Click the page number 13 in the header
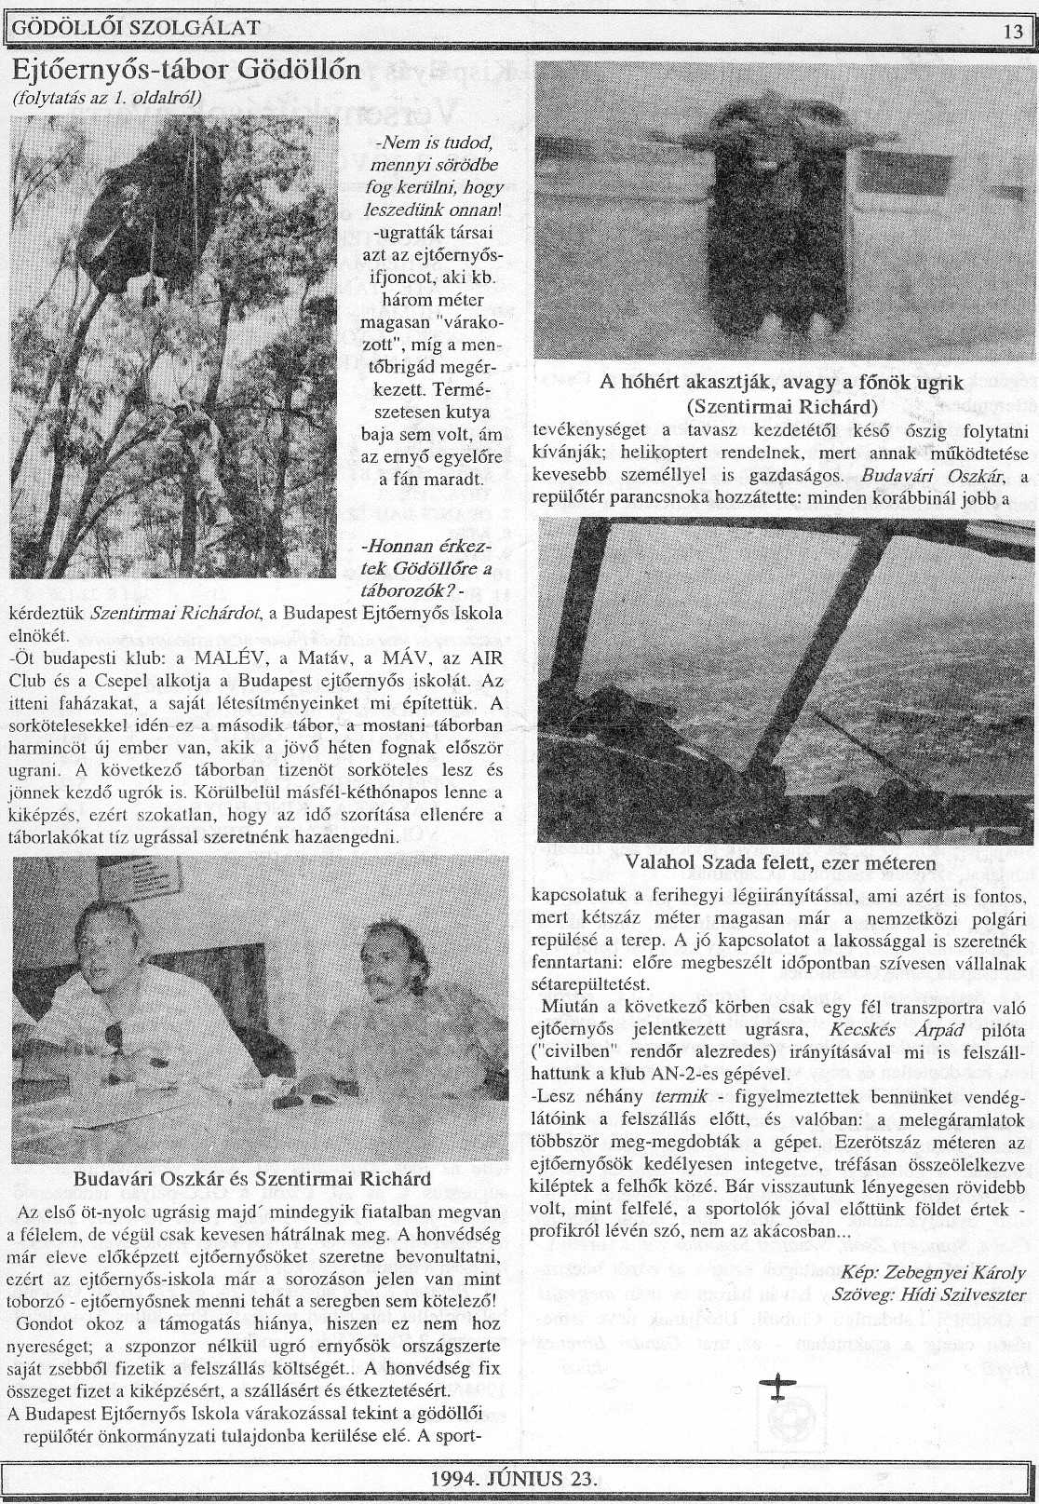click(x=1013, y=32)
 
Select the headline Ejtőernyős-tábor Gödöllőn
click(x=186, y=70)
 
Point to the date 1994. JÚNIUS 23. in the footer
click(x=514, y=1479)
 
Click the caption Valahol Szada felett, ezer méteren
click(x=780, y=863)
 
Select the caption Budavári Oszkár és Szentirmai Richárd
click(x=251, y=1179)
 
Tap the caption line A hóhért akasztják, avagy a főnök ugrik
click(x=781, y=384)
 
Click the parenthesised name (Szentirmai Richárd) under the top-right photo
click(x=781, y=407)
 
